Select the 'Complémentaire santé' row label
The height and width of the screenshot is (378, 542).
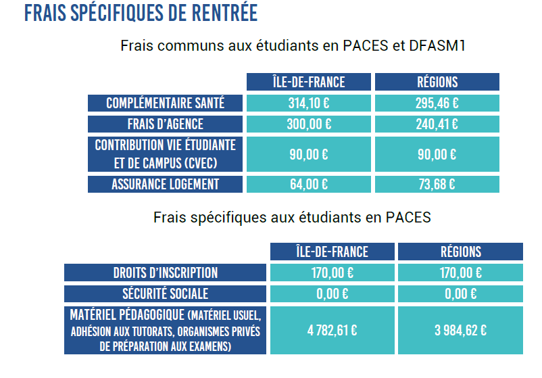click(166, 103)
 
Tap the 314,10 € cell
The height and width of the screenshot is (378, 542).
click(309, 103)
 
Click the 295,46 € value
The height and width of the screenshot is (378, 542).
click(437, 103)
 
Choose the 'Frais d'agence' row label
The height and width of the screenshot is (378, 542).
click(166, 124)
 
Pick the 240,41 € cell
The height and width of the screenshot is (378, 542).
click(437, 124)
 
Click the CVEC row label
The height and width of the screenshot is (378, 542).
click(166, 154)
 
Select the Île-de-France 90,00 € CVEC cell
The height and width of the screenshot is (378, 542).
click(309, 154)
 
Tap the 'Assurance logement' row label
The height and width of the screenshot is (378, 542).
click(166, 184)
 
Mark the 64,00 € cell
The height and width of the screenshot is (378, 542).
click(309, 184)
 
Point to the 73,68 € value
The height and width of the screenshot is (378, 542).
click(437, 184)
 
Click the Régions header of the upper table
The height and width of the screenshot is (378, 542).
click(437, 82)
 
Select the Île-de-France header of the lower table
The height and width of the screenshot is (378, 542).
click(332, 252)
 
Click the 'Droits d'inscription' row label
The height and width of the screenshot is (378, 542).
click(166, 273)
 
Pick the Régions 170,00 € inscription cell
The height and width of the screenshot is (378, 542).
click(460, 273)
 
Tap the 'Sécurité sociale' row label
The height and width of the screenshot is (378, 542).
click(166, 294)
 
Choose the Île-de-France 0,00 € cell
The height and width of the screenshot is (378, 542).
click(332, 294)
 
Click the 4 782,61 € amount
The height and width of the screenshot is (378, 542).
click(332, 331)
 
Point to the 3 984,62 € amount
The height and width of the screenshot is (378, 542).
click(460, 331)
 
